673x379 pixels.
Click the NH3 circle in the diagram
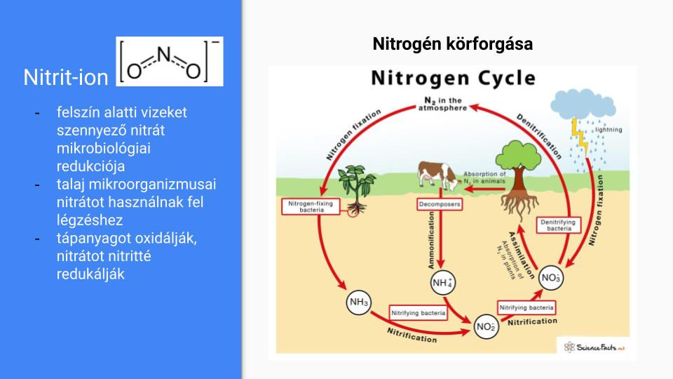pyautogui.click(x=358, y=302)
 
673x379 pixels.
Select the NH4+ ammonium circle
pyautogui.click(x=442, y=283)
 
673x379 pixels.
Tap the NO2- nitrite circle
pyautogui.click(x=486, y=326)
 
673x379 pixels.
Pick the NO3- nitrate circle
pyautogui.click(x=551, y=278)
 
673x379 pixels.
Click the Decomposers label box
pyautogui.click(x=440, y=204)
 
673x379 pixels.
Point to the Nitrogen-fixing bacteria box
pyautogui.click(x=311, y=206)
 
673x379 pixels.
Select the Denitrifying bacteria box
pyautogui.click(x=559, y=225)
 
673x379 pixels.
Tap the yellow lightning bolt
pyautogui.click(x=580, y=137)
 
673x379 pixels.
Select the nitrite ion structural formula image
pyautogui.click(x=170, y=62)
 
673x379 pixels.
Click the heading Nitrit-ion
pyautogui.click(x=66, y=77)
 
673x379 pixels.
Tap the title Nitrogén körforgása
pyautogui.click(x=452, y=44)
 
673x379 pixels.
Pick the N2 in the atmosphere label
pyautogui.click(x=442, y=104)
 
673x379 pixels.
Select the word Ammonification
pyautogui.click(x=431, y=240)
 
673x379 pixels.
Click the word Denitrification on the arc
pyautogui.click(x=539, y=136)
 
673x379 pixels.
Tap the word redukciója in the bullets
pyautogui.click(x=90, y=166)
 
